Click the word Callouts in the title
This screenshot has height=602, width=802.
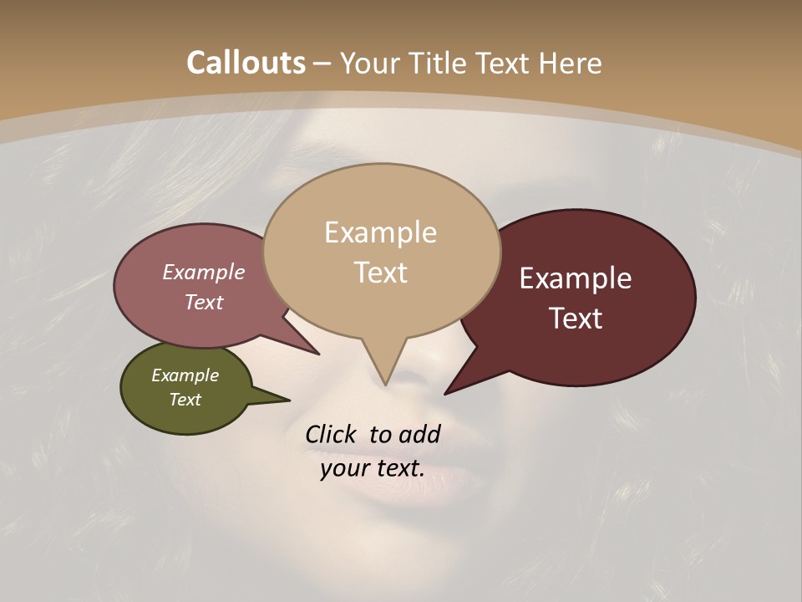246,63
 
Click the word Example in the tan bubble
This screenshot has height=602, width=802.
380,232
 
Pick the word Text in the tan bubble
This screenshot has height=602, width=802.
380,273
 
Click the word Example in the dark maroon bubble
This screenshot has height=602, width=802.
576,278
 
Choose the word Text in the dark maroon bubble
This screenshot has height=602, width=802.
576,319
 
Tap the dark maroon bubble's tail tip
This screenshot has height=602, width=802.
445,393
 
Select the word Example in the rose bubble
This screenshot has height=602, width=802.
204,273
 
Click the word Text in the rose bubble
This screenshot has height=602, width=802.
204,302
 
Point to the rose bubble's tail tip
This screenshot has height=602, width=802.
318,354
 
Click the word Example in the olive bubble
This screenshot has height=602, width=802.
185,375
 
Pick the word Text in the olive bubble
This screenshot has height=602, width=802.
185,400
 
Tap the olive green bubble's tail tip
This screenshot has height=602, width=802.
289,400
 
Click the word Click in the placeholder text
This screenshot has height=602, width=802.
332,434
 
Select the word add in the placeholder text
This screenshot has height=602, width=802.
419,434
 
